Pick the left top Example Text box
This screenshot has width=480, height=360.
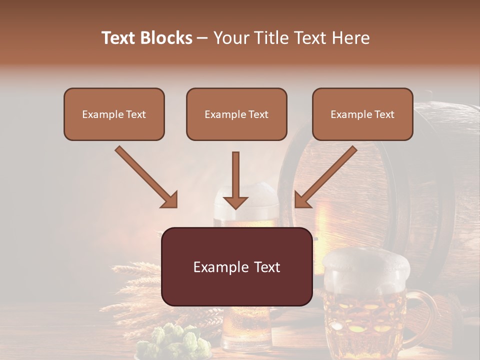pos(114,114)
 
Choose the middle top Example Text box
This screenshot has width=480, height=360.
pos(236,114)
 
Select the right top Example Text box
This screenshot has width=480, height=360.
pos(362,114)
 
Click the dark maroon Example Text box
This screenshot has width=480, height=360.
pos(236,267)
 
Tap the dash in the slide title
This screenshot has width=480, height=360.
pos(203,38)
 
